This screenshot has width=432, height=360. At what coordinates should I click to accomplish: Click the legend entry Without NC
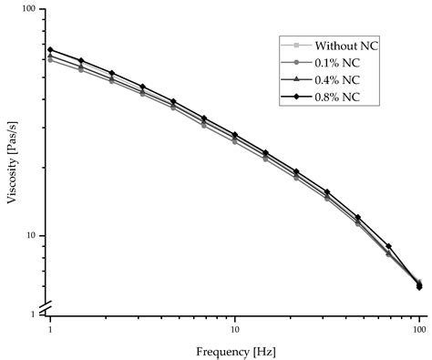346,46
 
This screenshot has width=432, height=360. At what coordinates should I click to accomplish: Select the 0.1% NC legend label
340,62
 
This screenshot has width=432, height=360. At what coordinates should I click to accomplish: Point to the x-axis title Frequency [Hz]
235,350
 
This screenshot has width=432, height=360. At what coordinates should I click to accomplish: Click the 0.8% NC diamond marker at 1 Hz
50,49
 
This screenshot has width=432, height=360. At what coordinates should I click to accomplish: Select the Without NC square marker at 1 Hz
50,60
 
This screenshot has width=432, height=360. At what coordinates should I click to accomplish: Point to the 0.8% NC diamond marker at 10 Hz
234,134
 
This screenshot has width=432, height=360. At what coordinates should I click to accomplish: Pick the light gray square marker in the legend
297,46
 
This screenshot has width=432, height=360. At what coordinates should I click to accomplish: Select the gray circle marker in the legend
297,62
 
